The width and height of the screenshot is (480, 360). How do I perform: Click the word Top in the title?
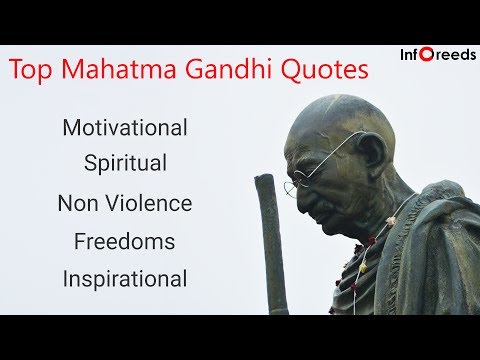(x=30, y=69)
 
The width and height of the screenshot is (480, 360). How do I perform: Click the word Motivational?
(x=125, y=127)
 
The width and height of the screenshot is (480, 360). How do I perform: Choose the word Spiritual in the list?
(x=125, y=163)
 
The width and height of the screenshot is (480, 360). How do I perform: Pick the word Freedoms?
(x=124, y=241)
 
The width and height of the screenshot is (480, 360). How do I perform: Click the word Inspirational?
(x=125, y=279)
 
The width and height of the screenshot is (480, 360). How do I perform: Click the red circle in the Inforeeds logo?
(x=426, y=54)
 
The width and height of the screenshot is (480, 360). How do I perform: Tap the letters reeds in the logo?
(x=455, y=55)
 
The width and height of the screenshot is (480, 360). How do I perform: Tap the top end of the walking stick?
(x=264, y=177)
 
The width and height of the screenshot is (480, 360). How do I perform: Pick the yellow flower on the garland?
(x=363, y=267)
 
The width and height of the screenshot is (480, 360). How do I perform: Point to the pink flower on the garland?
(x=391, y=220)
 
